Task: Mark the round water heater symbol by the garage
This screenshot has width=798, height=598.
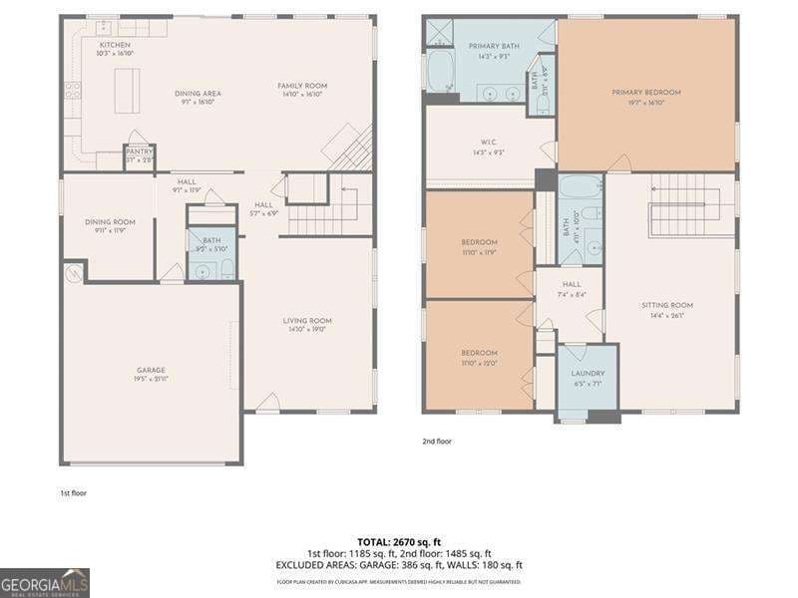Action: [x=73, y=271]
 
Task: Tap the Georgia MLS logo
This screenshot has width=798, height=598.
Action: [x=45, y=582]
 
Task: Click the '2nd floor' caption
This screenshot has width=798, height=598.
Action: [x=437, y=441]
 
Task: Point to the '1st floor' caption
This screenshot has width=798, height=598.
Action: [x=73, y=492]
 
